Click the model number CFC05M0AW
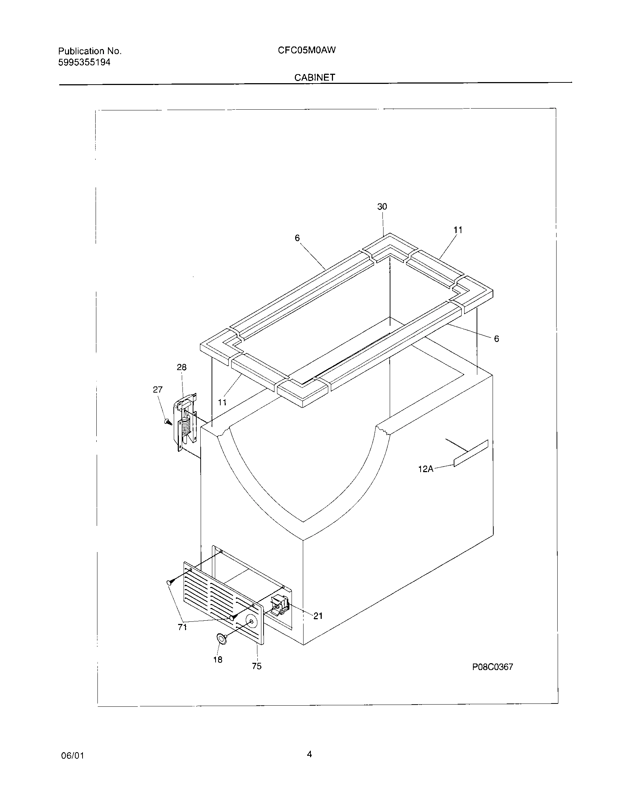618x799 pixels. pyautogui.click(x=306, y=50)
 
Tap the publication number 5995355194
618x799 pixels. pyautogui.click(x=84, y=62)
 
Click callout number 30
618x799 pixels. pyautogui.click(x=382, y=207)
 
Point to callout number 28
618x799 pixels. pyautogui.click(x=182, y=367)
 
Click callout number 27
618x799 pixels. pyautogui.click(x=157, y=390)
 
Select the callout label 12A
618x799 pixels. pyautogui.click(x=426, y=469)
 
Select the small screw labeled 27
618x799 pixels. pyautogui.click(x=168, y=422)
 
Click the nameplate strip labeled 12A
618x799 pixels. pyautogui.click(x=471, y=453)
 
